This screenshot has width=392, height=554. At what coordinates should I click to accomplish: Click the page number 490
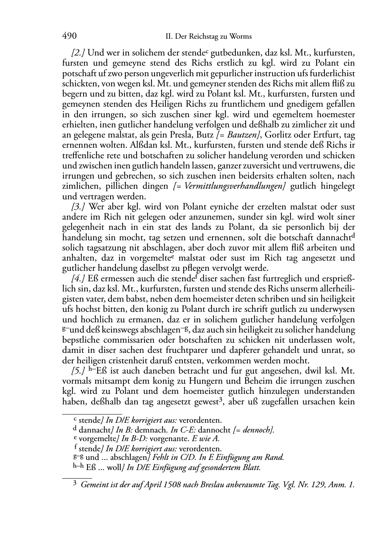[x=69, y=36]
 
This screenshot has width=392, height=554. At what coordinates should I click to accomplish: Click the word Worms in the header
[x=241, y=37]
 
